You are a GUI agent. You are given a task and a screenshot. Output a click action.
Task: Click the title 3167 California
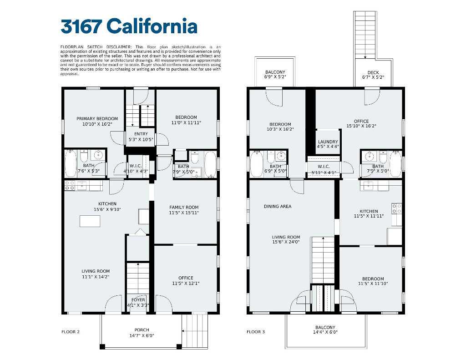coord(129,26)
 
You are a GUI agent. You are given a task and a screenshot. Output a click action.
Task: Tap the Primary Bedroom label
coord(97,119)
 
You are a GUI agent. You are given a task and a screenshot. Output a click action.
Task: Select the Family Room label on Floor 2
coord(184,207)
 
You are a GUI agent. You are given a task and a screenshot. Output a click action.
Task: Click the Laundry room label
coord(328,142)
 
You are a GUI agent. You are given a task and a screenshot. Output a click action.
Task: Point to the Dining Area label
coord(278,206)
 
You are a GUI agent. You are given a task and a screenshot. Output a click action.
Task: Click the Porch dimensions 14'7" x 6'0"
coord(142,335)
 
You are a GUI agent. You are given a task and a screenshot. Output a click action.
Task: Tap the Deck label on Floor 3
coord(373,72)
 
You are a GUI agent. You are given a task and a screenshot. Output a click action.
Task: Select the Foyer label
coord(138,300)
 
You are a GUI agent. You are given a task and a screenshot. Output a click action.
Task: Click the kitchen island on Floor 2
coord(90,221)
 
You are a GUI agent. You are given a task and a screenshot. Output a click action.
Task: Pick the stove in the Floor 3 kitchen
coord(396,208)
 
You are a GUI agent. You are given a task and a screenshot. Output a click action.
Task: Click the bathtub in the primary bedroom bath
coord(71,164)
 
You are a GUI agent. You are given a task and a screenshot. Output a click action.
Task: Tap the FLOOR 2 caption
coord(71,332)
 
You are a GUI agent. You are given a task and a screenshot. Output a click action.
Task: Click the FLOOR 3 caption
coord(256,332)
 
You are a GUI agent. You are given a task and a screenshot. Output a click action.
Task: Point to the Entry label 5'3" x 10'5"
coord(141,137)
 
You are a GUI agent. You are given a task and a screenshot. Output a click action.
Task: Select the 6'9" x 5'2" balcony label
coord(275,74)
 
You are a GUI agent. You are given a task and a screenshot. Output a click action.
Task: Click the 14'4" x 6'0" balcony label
coord(325,330)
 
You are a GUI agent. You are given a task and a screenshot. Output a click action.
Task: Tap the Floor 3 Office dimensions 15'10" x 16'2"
coord(361,126)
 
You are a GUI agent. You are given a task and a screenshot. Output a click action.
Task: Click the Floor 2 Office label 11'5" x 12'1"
coord(186,281)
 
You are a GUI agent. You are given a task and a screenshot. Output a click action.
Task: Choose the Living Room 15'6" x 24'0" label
coord(286,239)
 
